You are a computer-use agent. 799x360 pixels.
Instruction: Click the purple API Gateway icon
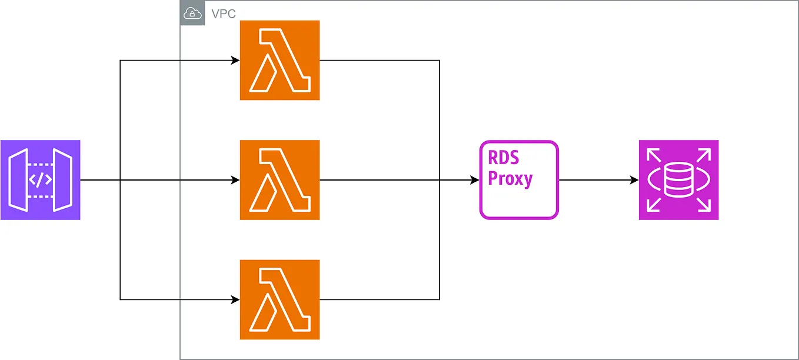coord(40,180)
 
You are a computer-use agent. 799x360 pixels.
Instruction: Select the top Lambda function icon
coord(279,61)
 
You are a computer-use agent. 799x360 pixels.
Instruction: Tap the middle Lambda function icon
coord(279,180)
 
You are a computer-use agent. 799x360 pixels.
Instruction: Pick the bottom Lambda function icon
coord(279,299)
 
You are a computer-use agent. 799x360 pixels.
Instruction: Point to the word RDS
coord(503,159)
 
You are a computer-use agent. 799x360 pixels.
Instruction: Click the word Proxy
coord(510,178)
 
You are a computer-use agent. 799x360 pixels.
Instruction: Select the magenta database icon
coord(678,180)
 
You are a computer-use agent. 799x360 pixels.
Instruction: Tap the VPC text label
coord(224,14)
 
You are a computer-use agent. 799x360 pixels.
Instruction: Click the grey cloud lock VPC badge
coord(192,14)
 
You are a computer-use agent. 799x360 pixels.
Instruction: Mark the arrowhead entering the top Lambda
coord(235,61)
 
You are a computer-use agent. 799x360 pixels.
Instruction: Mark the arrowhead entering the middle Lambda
coord(235,180)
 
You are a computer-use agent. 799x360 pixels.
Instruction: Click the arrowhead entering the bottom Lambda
coord(235,299)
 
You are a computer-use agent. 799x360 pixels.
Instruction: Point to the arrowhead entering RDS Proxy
coord(475,180)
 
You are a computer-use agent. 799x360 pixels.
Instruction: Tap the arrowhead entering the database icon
coord(634,180)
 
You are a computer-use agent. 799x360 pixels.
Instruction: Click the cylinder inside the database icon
coord(678,180)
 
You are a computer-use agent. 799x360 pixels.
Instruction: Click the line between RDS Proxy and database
coord(594,180)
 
